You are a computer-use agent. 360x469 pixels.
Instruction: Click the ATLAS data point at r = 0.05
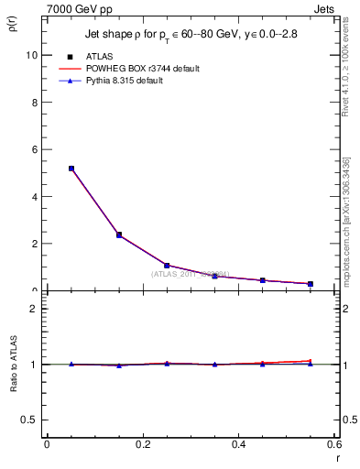pyautogui.click(x=71, y=169)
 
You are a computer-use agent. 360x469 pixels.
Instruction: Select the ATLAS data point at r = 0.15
pyautogui.click(x=118, y=235)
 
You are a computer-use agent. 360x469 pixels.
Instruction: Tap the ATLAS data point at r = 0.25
pyautogui.click(x=167, y=266)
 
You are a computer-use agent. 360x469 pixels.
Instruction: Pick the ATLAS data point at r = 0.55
pyautogui.click(x=311, y=284)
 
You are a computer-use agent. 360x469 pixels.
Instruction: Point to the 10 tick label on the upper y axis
pyautogui.click(x=32, y=55)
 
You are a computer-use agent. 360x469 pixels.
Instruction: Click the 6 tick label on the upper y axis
pyautogui.click(x=35, y=149)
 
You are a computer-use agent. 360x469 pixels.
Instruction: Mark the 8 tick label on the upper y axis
pyautogui.click(x=35, y=103)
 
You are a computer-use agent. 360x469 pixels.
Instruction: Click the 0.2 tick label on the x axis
pyautogui.click(x=142, y=444)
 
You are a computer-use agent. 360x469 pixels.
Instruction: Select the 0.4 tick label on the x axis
pyautogui.click(x=238, y=444)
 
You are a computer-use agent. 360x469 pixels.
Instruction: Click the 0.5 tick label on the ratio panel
pyautogui.click(x=30, y=420)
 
